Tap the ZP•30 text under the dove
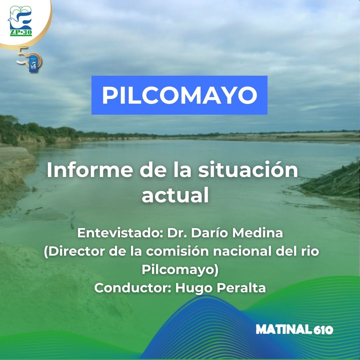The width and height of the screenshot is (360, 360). (x=20, y=33)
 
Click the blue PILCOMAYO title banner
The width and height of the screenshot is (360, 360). (x=179, y=95)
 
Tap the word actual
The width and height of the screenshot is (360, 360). (x=175, y=196)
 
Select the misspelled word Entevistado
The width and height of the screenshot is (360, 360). (x=116, y=233)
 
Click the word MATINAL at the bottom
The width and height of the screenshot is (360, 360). (x=284, y=330)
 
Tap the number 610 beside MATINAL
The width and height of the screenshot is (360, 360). (x=323, y=330)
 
